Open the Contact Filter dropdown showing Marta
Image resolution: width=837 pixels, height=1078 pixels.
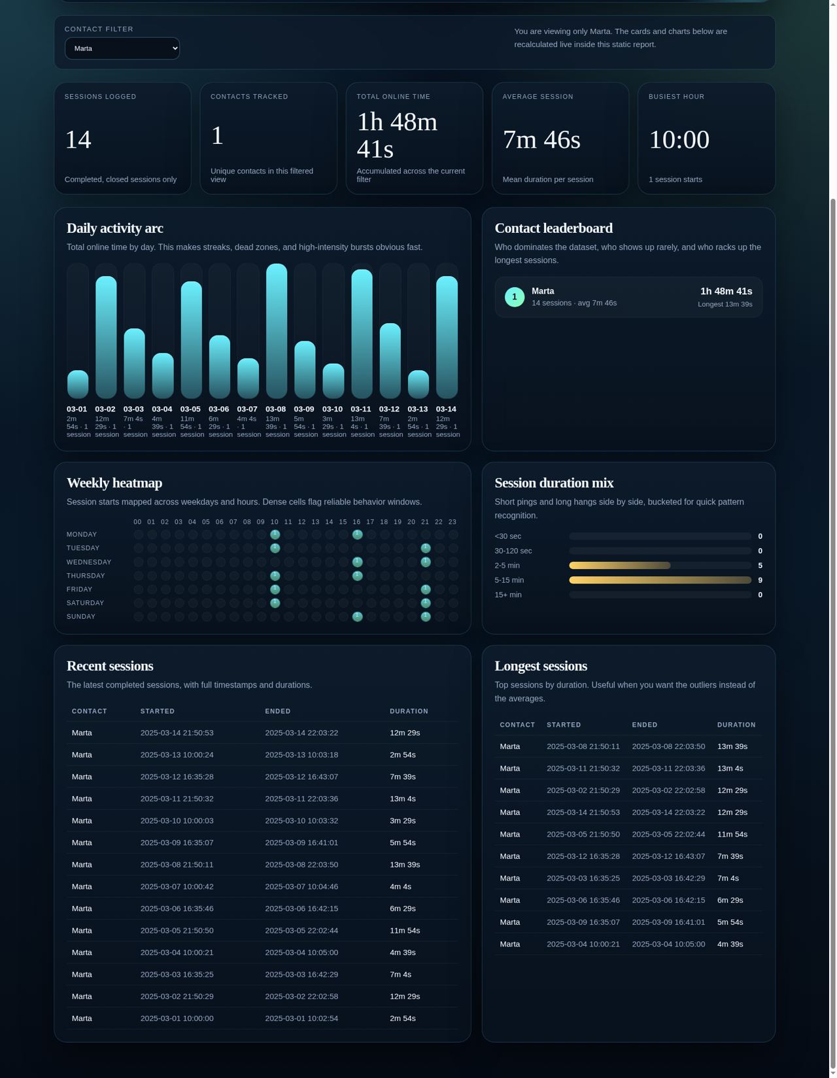tap(122, 48)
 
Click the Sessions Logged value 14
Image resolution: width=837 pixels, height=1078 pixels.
tap(78, 139)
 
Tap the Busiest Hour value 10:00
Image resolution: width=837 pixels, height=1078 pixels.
tap(679, 139)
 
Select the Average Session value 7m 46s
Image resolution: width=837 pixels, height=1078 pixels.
tap(541, 139)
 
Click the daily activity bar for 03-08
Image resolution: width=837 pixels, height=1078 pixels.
tap(277, 331)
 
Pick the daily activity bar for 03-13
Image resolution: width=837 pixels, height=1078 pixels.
tap(418, 385)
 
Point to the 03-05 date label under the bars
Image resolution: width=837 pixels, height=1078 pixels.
tap(190, 409)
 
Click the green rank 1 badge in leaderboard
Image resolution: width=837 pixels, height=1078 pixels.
tap(515, 297)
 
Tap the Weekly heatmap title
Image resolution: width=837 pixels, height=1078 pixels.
tap(114, 483)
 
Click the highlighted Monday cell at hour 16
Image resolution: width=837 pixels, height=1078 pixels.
tap(357, 534)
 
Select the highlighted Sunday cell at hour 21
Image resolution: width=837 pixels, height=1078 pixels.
tap(426, 616)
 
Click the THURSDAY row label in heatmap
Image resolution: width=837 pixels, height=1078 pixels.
tap(86, 576)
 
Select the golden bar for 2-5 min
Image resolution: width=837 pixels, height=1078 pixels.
tap(619, 565)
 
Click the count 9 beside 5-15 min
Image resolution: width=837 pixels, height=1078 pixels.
tap(759, 580)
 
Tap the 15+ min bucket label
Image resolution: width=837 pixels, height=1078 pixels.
tap(508, 595)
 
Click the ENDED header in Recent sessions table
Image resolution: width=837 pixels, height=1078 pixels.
tap(278, 711)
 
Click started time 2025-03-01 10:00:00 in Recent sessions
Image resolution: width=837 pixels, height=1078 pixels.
tap(177, 1018)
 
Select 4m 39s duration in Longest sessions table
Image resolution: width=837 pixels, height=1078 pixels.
tap(730, 944)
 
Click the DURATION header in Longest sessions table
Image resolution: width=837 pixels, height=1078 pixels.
tap(736, 725)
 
